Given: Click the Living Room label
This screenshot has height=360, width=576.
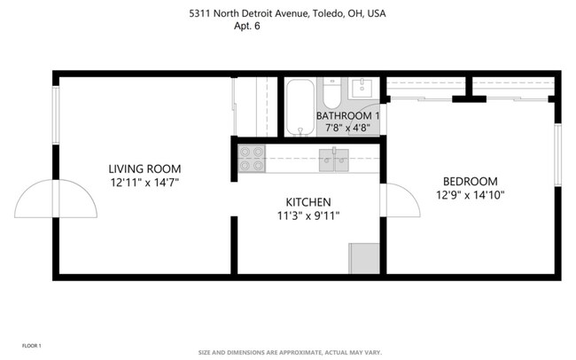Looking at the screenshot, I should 144,168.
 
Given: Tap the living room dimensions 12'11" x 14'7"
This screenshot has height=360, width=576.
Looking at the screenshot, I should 144,182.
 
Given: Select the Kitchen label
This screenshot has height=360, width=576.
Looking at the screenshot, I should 307,201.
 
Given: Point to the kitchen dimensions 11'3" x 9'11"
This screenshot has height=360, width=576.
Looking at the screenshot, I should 307,215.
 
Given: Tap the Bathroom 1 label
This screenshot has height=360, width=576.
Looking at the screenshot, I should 347,116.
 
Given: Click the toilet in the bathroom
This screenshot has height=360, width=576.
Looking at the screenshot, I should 331,93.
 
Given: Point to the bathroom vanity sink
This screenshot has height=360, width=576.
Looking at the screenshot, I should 362,88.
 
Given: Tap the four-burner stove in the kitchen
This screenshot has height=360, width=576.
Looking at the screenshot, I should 251,158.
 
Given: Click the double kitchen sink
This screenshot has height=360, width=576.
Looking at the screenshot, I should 333,160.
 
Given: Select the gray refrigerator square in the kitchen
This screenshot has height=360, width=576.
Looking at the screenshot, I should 363,258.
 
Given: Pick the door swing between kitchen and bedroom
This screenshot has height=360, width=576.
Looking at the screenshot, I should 401,201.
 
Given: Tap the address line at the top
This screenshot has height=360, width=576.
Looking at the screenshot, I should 287,13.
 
